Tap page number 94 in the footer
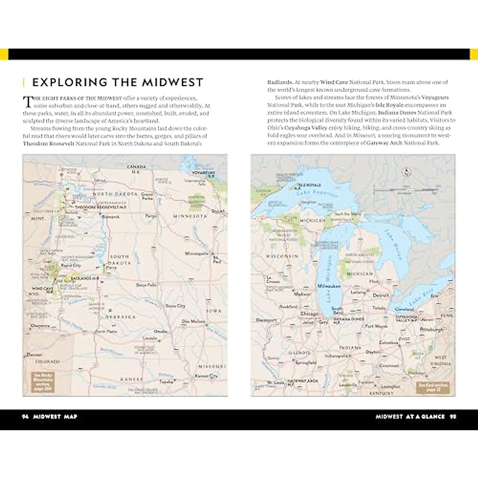click(x=25, y=417)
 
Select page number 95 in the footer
click(x=453, y=417)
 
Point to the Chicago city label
click(x=309, y=313)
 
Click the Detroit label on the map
click(x=380, y=296)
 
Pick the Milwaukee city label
click(x=329, y=286)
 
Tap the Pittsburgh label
click(x=431, y=330)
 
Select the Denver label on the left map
click(x=34, y=355)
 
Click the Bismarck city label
click(x=110, y=217)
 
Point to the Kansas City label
click(x=207, y=376)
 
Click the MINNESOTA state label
click(x=190, y=216)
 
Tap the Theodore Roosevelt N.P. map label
click(x=94, y=208)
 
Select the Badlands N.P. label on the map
click(x=84, y=278)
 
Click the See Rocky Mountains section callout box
click(x=43, y=382)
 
